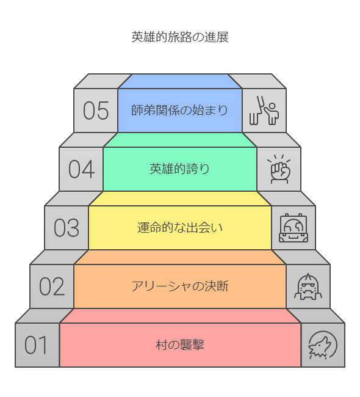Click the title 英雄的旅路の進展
[180, 37]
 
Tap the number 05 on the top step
[96, 111]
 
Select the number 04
[82, 169]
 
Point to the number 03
[67, 228]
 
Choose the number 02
[52, 286]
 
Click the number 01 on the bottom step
[36, 345]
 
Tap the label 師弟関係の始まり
[179, 111]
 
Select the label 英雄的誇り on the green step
[179, 169]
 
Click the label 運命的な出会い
[180, 228]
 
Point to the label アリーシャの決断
[180, 286]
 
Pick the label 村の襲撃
[180, 345]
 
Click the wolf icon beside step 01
[323, 345]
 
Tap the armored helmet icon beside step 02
[308, 286]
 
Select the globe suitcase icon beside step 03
[293, 228]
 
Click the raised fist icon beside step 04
[279, 169]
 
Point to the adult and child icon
[264, 111]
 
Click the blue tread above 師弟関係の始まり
[180, 81]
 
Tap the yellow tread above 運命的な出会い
[180, 198]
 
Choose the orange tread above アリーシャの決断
[180, 257]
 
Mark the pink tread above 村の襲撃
[180, 316]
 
